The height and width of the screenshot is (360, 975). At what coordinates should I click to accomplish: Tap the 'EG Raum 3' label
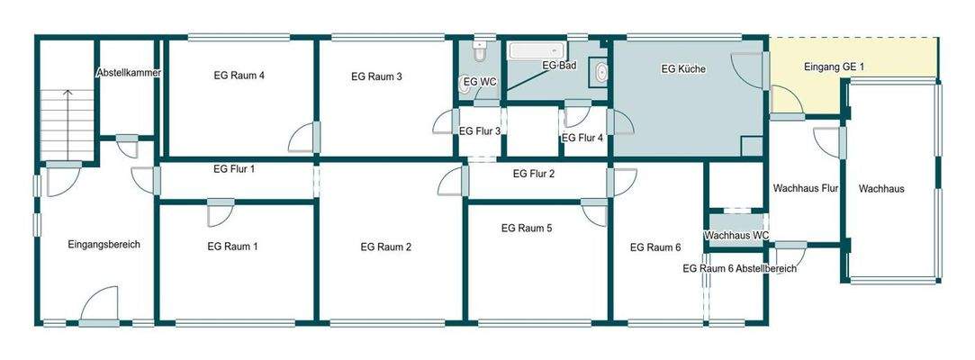(376, 76)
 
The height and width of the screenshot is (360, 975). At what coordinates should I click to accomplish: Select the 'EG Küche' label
(683, 69)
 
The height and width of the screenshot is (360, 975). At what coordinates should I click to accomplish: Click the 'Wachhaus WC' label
(736, 236)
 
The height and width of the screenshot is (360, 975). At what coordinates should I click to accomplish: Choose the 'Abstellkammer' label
(129, 73)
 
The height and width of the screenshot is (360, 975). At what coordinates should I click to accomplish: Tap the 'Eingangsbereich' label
(104, 244)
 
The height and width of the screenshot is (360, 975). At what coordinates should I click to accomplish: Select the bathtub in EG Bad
(537, 50)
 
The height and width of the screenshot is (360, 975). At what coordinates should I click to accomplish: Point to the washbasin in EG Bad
(600, 73)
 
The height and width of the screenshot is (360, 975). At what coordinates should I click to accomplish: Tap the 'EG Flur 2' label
(533, 174)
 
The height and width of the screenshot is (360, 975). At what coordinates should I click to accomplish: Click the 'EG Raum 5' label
(527, 229)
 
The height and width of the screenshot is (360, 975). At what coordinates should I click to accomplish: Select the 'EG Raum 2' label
(385, 247)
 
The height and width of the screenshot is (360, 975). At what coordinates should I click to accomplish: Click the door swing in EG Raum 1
(219, 214)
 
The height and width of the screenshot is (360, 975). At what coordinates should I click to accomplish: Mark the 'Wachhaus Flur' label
(806, 189)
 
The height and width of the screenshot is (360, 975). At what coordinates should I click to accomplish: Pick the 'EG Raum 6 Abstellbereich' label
(739, 269)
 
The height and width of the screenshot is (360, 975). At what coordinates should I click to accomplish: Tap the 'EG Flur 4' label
(582, 139)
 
